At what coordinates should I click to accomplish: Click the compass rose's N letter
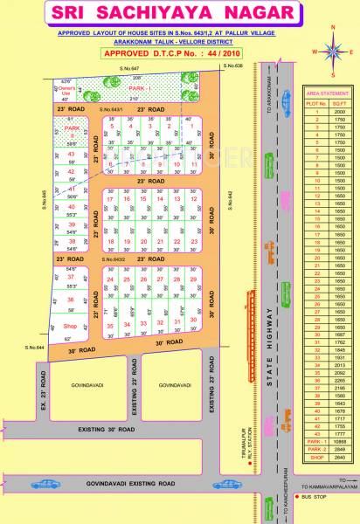[x=335, y=27]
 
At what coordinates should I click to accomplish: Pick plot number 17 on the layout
[x=110, y=199]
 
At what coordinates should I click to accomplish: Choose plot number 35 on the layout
[x=110, y=325]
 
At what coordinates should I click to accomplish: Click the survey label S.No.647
[x=128, y=67]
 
